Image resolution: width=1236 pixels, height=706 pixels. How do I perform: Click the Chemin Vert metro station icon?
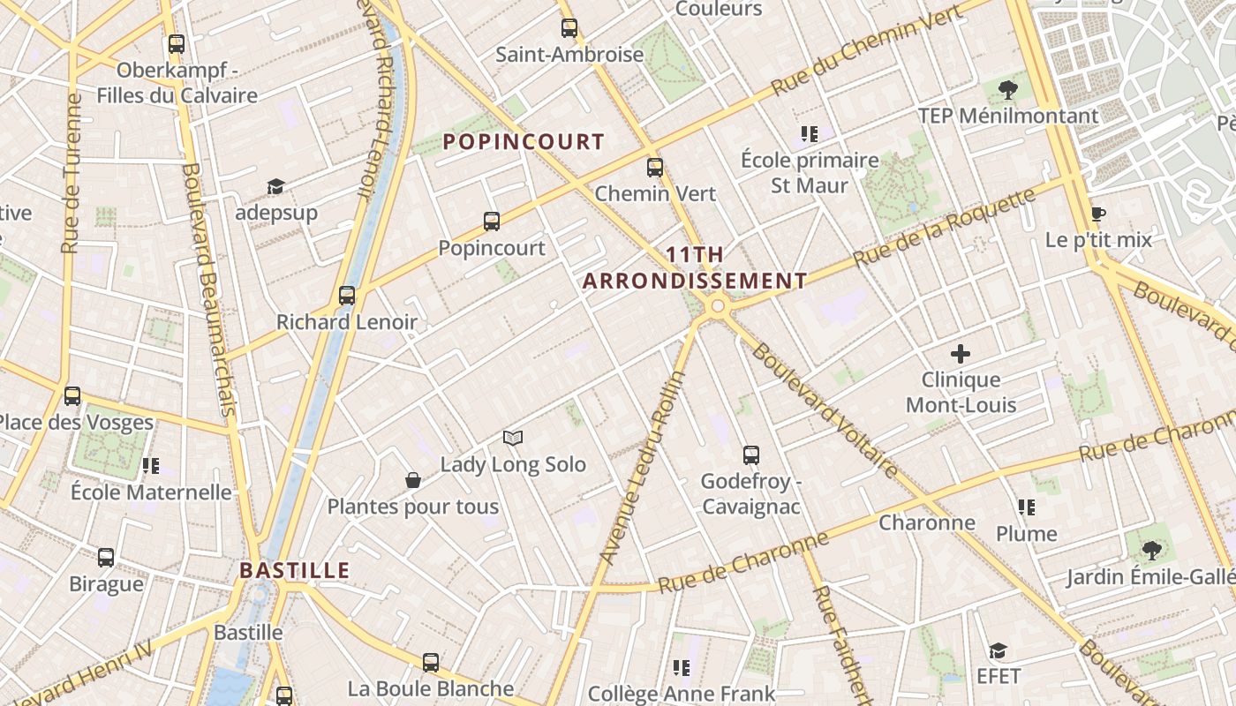click(654, 168)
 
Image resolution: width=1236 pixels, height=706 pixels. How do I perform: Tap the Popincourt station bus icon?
click(492, 222)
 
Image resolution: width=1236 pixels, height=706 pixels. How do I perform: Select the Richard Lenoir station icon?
click(347, 296)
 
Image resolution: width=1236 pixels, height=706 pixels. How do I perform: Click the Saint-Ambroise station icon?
click(569, 28)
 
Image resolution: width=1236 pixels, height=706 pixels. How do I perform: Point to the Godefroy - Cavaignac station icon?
click(751, 455)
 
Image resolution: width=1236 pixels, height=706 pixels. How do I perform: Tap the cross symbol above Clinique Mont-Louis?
click(961, 355)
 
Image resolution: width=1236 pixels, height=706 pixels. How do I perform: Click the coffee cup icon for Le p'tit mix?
click(1098, 214)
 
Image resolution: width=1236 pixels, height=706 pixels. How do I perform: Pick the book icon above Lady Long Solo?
click(513, 438)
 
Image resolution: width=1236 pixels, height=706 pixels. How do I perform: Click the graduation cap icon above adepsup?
click(276, 187)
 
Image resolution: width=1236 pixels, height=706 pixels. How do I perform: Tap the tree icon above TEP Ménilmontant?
click(1007, 89)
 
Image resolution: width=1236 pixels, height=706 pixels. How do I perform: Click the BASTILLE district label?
click(295, 571)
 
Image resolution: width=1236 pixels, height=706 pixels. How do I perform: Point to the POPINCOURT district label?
click(524, 142)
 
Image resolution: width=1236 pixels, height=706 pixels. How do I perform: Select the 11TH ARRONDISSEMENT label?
click(695, 268)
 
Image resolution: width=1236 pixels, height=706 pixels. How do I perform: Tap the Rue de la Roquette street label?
click(944, 228)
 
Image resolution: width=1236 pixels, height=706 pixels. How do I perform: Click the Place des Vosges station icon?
click(72, 396)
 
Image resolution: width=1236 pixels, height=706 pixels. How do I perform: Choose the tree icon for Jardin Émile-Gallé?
click(1151, 552)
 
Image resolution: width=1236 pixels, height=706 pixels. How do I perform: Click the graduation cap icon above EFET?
click(998, 651)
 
